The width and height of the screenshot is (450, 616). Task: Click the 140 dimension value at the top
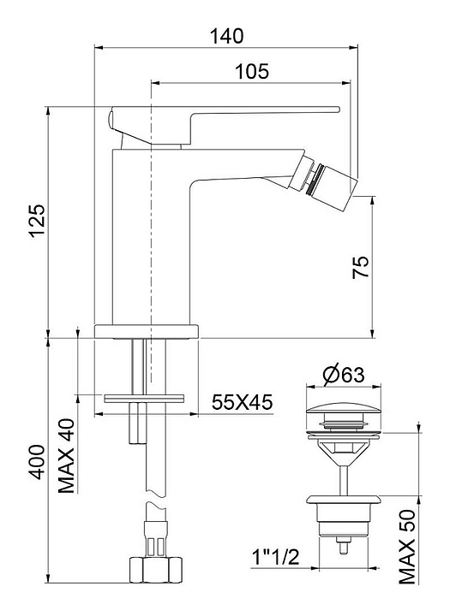point(226,36)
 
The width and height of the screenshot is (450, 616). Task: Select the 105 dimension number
point(252,72)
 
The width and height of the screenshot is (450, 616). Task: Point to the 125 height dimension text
point(39,221)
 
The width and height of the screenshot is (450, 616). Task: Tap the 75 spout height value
point(361,267)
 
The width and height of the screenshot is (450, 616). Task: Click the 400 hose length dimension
point(39,462)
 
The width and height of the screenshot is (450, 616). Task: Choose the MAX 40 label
point(67,456)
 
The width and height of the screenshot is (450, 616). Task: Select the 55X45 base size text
point(242,402)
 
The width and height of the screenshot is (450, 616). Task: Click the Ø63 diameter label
point(344,375)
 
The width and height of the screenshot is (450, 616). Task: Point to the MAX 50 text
point(407,547)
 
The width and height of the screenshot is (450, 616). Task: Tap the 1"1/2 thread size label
point(276,557)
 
